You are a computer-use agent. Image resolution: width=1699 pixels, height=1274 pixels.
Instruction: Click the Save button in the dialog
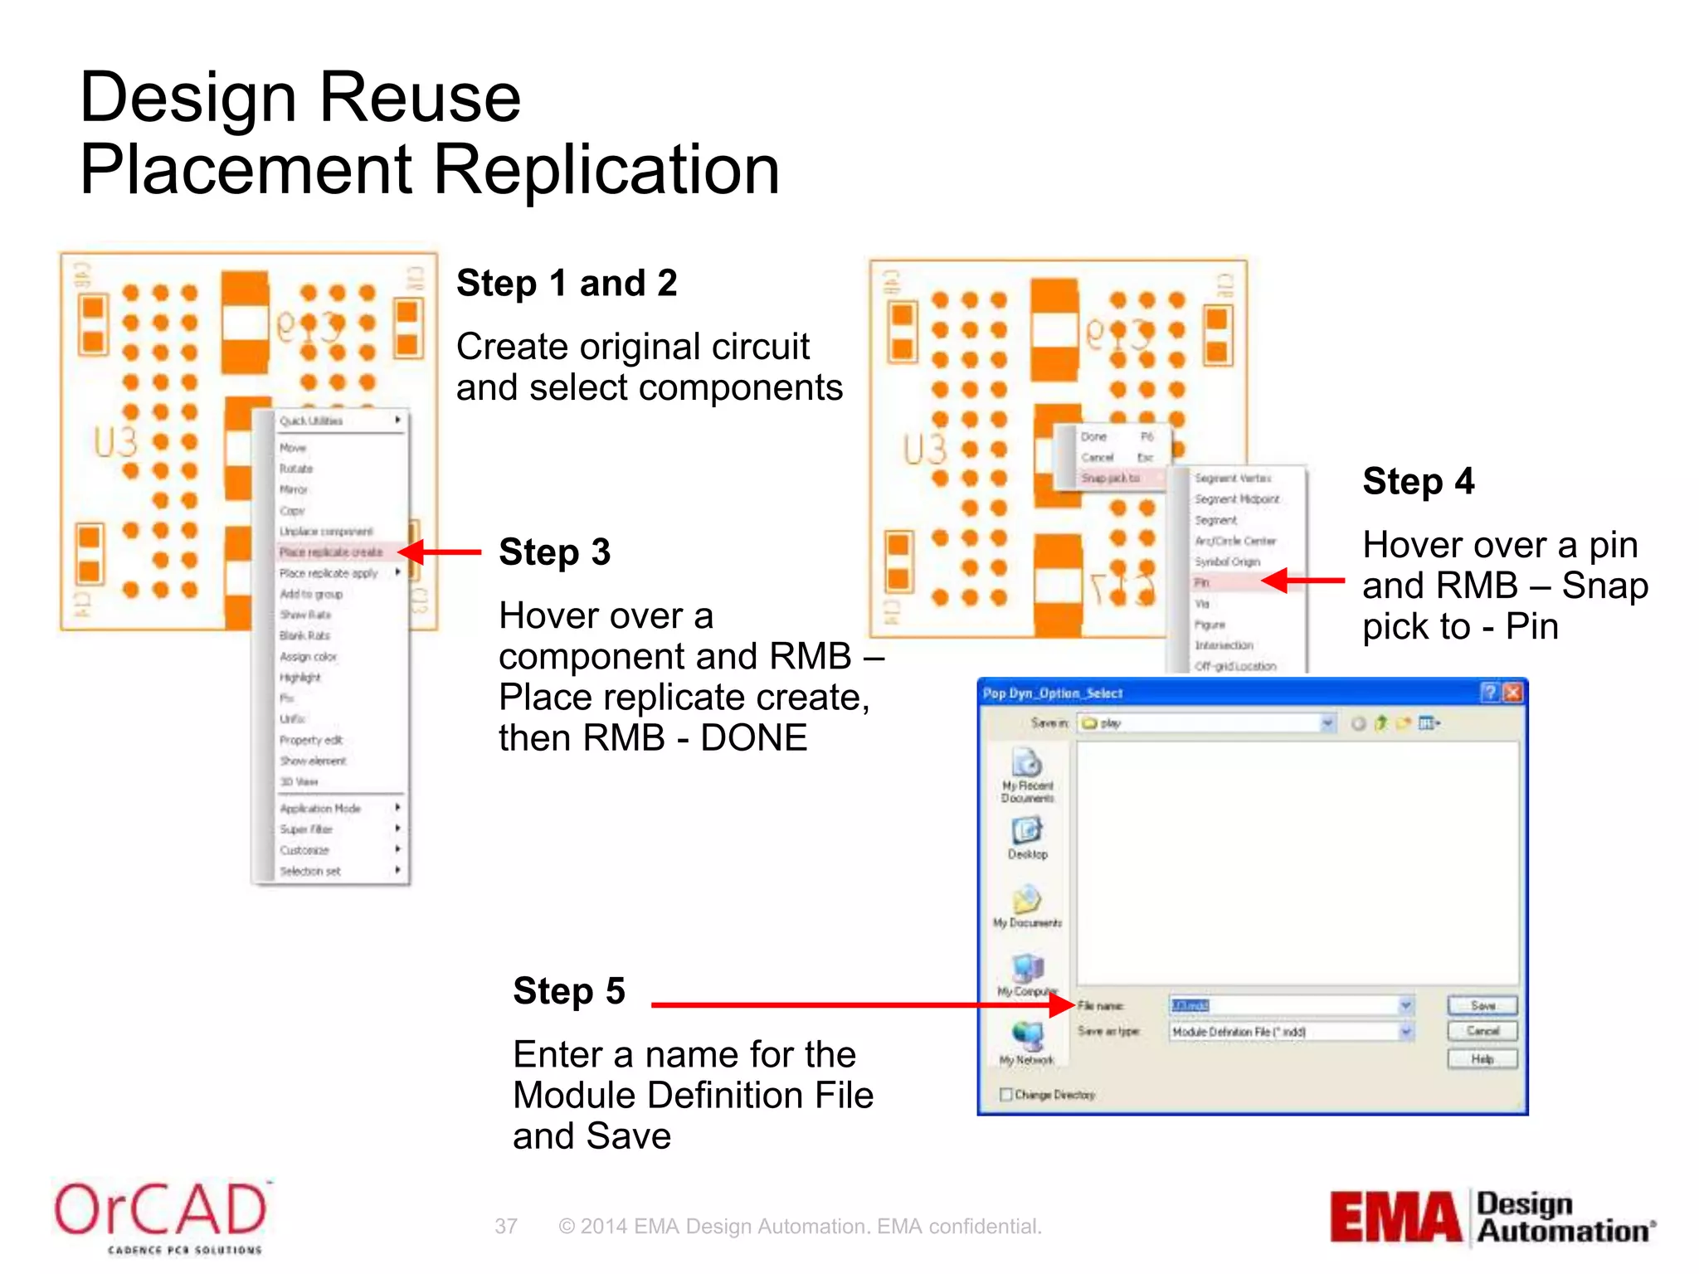coord(1482,1005)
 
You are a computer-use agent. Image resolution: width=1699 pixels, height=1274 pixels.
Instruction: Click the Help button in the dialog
coord(1482,1059)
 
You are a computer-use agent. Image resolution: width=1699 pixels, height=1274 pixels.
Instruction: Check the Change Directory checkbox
coord(1006,1095)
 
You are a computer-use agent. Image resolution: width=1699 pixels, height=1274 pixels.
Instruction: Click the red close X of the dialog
coord(1512,693)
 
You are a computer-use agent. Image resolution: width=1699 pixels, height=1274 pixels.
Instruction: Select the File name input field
coord(1282,1005)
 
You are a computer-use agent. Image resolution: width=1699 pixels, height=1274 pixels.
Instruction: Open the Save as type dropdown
coord(1406,1032)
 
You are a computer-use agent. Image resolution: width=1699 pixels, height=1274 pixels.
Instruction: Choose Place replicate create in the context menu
coord(331,552)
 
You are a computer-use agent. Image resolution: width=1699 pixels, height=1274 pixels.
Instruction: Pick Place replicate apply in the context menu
coord(329,573)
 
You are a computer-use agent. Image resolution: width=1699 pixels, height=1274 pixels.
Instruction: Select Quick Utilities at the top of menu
coord(312,421)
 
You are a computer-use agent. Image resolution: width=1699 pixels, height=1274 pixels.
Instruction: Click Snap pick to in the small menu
coord(1110,479)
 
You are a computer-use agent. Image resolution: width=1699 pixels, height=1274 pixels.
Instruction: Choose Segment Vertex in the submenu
coord(1233,479)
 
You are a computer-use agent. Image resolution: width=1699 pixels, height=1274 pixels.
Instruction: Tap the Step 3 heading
coord(554,552)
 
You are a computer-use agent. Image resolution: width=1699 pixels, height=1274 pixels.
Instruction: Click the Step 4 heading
coord(1419,482)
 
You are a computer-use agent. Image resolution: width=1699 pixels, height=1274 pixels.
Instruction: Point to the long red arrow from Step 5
coord(854,1005)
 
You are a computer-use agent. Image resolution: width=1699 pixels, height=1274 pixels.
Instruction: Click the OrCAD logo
coord(161,1215)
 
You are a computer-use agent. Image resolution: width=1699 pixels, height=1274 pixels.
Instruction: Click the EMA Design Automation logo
coord(1492,1217)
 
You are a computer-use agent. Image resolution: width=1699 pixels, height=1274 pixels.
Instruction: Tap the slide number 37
coord(506,1226)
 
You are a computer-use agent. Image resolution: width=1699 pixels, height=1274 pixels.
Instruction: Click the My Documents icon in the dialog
coord(1027,903)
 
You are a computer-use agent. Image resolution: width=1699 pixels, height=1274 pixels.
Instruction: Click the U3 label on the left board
coord(115,442)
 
